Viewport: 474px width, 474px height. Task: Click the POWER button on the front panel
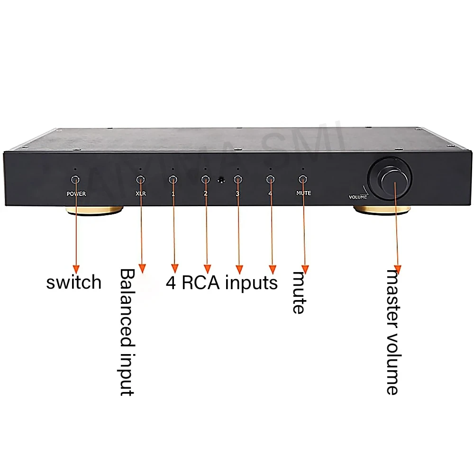click(75, 179)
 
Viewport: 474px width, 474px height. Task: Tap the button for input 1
click(173, 179)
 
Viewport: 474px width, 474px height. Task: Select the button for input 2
click(205, 179)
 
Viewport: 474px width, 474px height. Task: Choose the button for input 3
click(238, 179)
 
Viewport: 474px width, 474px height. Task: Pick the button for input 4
click(270, 179)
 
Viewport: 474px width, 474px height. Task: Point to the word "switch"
click(74, 283)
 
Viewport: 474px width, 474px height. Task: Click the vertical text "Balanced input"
click(127, 332)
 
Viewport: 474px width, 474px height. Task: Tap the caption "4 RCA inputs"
click(221, 283)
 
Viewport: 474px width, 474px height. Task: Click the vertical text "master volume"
click(392, 332)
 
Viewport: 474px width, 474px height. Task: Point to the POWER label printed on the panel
click(76, 194)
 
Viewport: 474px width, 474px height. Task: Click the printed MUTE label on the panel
click(303, 193)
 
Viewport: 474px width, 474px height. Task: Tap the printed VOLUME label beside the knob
click(358, 196)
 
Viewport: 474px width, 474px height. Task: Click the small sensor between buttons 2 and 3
click(221, 180)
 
